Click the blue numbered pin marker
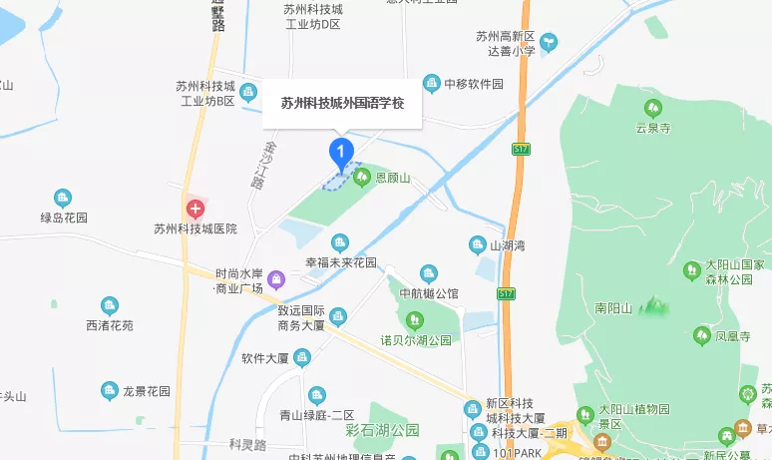click(x=342, y=153)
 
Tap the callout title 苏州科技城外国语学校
click(x=342, y=103)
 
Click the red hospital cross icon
click(x=195, y=210)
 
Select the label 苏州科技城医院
click(x=195, y=229)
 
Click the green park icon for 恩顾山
click(x=362, y=177)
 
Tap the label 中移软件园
click(x=473, y=84)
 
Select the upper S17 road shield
click(x=520, y=150)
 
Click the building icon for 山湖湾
click(x=478, y=244)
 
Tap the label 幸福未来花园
click(x=341, y=262)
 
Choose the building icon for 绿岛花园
click(x=63, y=198)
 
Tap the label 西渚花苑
click(x=110, y=325)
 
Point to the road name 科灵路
click(x=247, y=443)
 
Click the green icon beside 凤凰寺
click(x=702, y=335)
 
